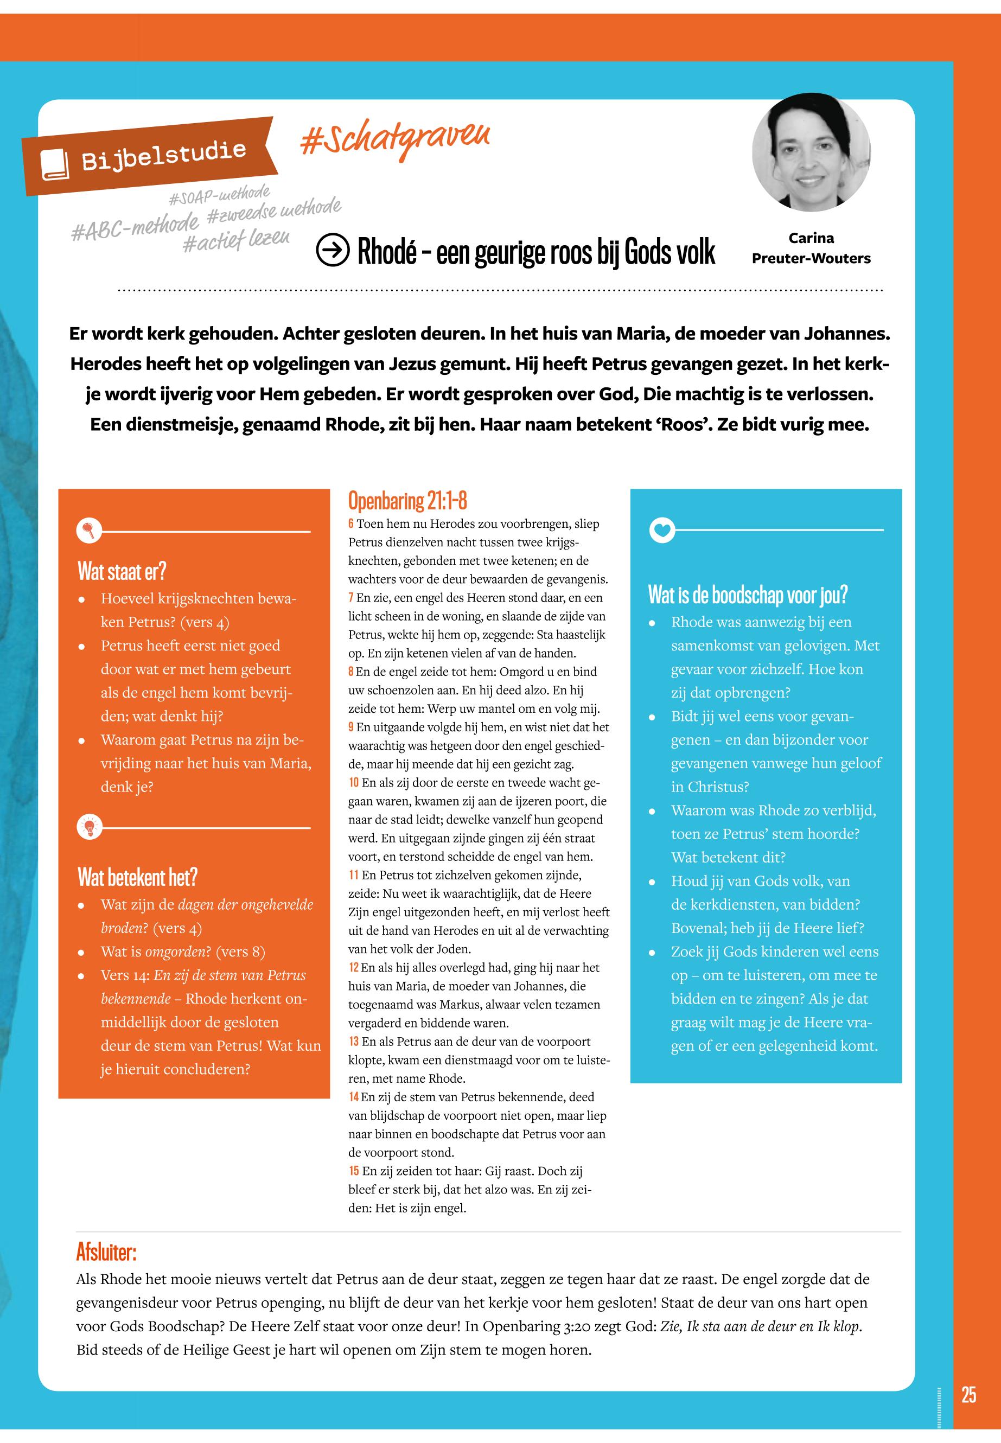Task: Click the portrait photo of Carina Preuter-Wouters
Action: coord(811,152)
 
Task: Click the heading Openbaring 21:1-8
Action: coord(407,501)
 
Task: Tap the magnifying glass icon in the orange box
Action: coord(88,531)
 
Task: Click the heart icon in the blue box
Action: coord(662,531)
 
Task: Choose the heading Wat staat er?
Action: coord(122,571)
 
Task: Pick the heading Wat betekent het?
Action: coord(137,877)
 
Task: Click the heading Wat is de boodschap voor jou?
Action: coord(748,595)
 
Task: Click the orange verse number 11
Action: coord(354,876)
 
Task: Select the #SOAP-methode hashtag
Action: coord(220,195)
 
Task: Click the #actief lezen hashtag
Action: coord(236,240)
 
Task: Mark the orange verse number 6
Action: coord(351,523)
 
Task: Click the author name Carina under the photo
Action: coord(811,238)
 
